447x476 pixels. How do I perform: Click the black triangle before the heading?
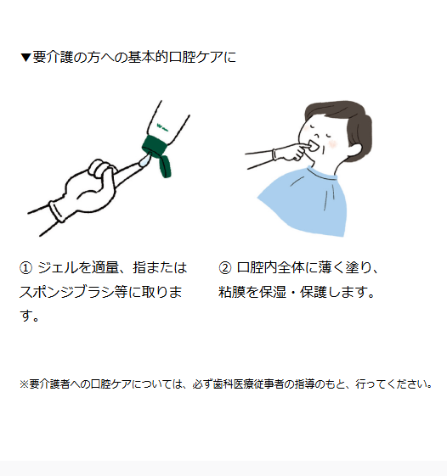(25, 58)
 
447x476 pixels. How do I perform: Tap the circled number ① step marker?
(25, 268)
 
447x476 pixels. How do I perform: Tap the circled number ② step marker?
(225, 268)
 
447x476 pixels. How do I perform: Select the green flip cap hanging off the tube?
(164, 166)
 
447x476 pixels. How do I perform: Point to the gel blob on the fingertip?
(144, 160)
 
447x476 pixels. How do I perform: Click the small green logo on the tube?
(162, 127)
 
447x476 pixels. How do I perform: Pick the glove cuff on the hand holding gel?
(57, 211)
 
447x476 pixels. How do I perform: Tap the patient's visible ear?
(354, 149)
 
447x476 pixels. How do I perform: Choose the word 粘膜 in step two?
(232, 292)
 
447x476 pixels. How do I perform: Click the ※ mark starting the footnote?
(25, 384)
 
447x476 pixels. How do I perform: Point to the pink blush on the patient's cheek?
(333, 143)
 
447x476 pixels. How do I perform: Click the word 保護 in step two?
(314, 292)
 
